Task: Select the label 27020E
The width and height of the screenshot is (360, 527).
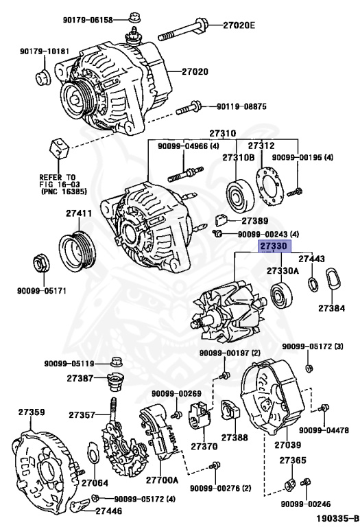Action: pos(238,25)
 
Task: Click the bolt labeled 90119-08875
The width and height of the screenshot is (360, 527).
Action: pos(189,108)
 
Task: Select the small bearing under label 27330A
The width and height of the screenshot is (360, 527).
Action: pos(280,297)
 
